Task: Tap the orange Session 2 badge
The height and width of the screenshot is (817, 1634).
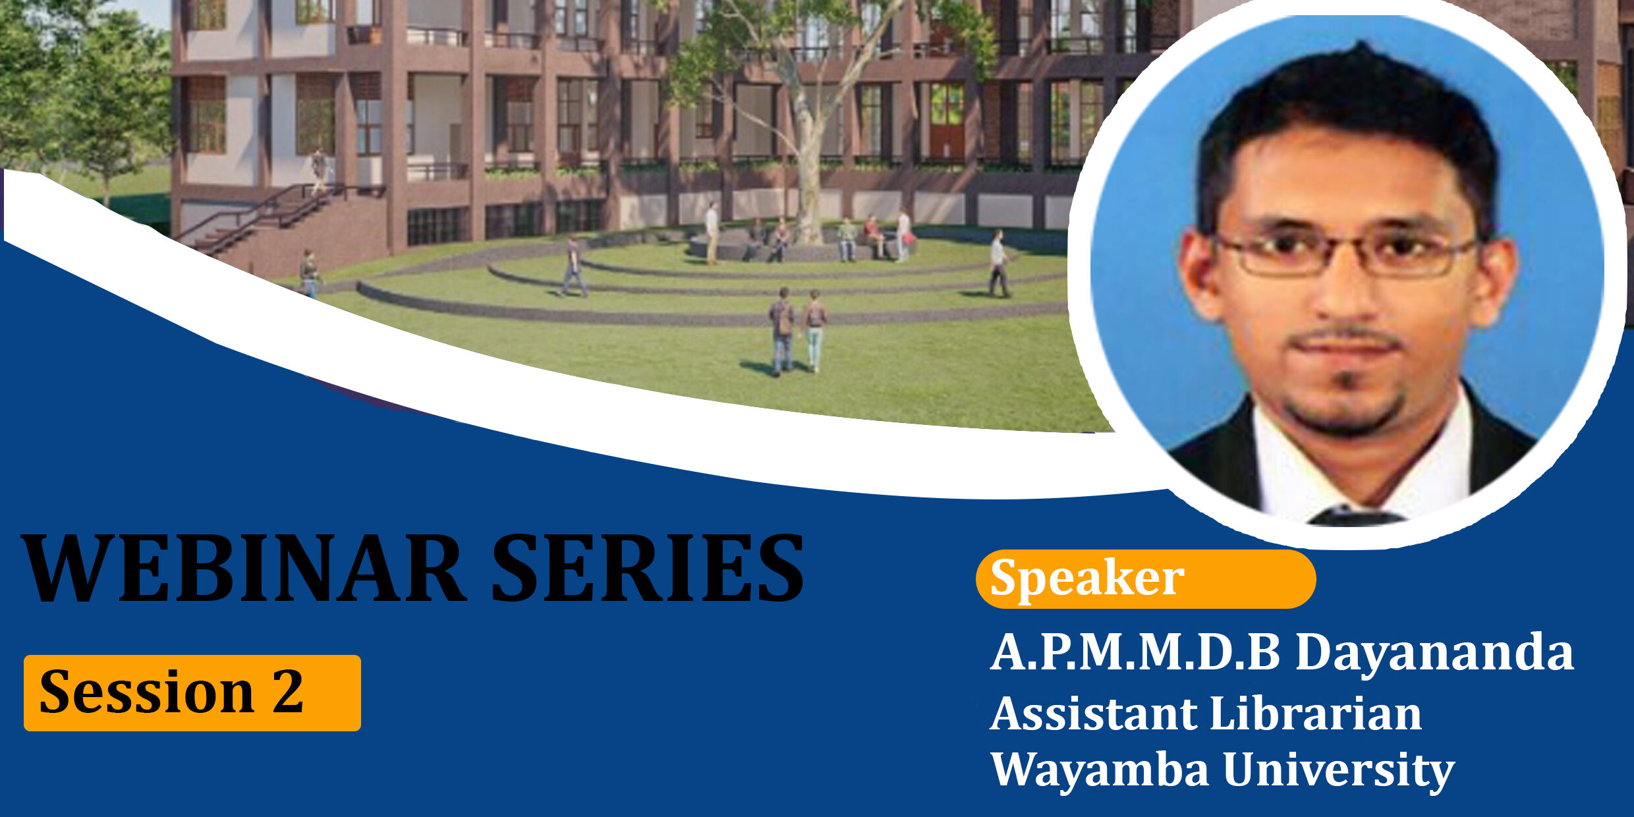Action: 192,692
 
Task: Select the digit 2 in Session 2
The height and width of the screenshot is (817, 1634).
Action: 288,691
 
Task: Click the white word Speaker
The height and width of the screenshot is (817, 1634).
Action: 1087,578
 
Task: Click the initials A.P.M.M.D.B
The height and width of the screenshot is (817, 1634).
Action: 1135,652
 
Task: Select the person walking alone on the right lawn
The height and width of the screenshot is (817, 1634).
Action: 999,264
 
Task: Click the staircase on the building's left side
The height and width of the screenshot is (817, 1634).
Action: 264,217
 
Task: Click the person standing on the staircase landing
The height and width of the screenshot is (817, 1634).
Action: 320,170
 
